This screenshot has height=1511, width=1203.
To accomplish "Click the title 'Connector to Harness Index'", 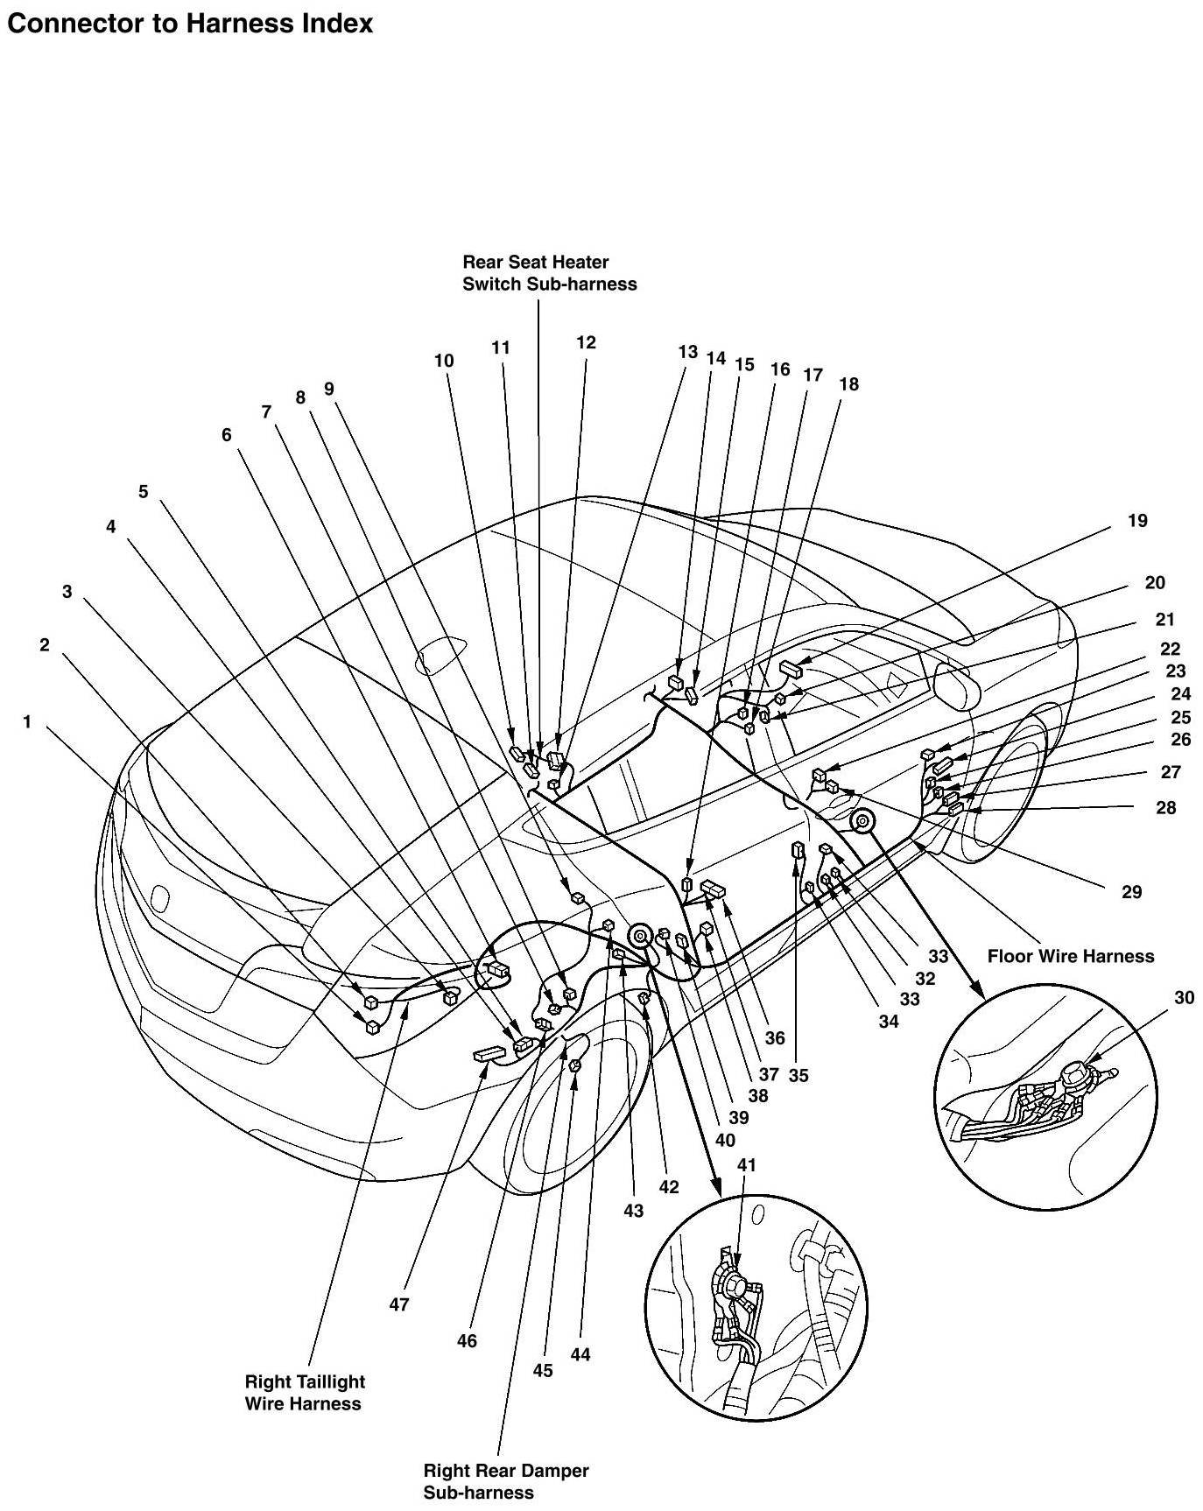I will click(189, 24).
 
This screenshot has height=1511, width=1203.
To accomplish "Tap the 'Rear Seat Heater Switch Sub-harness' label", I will click(549, 272).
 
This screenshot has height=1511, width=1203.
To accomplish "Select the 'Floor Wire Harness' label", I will click(1070, 956).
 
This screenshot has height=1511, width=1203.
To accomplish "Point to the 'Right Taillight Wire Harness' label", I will click(304, 1392).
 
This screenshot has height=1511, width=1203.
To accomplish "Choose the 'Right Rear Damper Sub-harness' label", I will click(505, 1481).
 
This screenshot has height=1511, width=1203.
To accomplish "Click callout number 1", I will click(27, 722).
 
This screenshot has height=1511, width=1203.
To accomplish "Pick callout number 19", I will click(1136, 521).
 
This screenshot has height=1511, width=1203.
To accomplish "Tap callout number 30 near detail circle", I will click(1184, 997).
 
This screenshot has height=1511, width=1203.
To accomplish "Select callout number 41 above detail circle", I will click(746, 1165).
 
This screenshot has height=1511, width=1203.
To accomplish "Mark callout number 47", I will click(399, 1304).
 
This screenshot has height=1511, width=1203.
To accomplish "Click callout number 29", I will click(1131, 892).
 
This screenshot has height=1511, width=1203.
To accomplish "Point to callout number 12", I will click(586, 342).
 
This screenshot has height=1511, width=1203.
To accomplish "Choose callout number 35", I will click(798, 1076).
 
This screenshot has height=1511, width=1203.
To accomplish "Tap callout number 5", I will click(144, 491).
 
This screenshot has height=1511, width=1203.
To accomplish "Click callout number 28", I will click(1165, 807).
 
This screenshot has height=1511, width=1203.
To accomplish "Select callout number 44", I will click(580, 1354).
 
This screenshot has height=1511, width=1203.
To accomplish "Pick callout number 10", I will click(444, 360).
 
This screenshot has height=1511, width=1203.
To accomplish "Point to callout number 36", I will click(774, 1038).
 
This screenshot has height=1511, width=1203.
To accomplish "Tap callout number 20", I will click(1155, 582).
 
